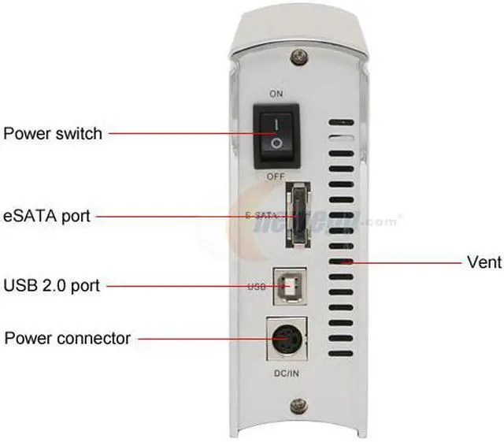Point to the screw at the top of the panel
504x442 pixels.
pos(298,58)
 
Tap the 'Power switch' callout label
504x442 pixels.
pos(53,133)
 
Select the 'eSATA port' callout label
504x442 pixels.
pos(47,215)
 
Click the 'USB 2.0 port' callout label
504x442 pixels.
pos(52,285)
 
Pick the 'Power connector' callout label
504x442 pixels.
pos(68,339)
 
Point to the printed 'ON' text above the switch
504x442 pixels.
pos(276,94)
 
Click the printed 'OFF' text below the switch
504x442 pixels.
pos(276,176)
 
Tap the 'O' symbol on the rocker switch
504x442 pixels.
pos(276,144)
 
